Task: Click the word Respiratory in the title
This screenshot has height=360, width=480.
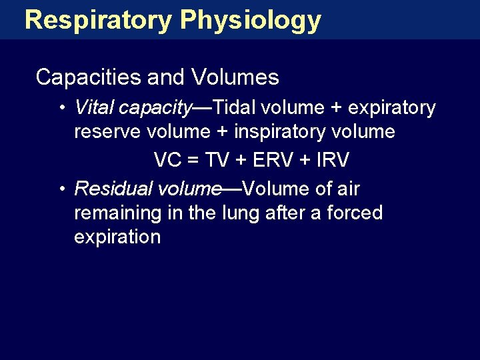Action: (x=98, y=20)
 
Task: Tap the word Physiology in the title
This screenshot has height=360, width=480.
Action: (x=250, y=20)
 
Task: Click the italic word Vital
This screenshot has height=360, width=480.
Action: (x=95, y=107)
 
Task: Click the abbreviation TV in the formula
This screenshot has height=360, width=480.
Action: (x=217, y=161)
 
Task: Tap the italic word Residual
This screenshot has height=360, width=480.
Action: (x=113, y=189)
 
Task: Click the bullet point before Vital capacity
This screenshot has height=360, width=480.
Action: (x=61, y=108)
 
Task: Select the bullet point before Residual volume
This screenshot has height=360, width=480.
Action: (x=61, y=190)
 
